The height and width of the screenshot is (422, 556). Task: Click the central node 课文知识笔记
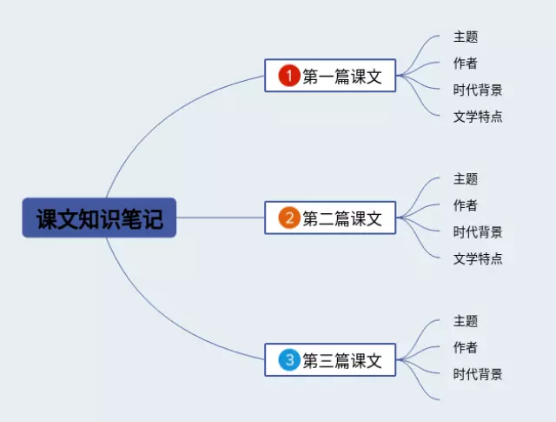tap(99, 218)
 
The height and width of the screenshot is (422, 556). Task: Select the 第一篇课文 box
tap(330, 76)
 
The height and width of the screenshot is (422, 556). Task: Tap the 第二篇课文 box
tap(330, 218)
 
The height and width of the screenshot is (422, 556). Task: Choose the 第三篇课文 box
tap(330, 359)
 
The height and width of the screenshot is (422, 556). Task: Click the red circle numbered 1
tap(289, 76)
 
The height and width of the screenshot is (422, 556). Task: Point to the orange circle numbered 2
tap(289, 218)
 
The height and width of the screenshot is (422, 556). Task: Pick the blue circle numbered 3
tap(289, 360)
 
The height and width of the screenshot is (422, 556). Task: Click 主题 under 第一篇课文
tap(466, 37)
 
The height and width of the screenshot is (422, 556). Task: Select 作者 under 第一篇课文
tap(466, 64)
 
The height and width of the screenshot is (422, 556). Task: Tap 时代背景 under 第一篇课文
tap(478, 90)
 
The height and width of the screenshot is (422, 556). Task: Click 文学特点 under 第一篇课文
tap(478, 117)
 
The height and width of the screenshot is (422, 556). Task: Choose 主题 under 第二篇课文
tap(466, 178)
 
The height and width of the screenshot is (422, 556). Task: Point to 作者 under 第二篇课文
tap(466, 205)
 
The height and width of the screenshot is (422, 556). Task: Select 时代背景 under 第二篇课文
tap(478, 232)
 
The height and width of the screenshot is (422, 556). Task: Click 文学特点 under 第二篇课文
tap(478, 258)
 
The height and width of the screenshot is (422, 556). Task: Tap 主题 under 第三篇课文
tap(466, 321)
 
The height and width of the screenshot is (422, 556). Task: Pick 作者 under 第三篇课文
tap(466, 347)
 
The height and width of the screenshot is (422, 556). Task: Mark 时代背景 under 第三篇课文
tap(478, 374)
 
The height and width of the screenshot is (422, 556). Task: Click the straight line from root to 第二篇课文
tap(221, 218)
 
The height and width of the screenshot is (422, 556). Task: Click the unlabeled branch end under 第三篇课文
tap(439, 399)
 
